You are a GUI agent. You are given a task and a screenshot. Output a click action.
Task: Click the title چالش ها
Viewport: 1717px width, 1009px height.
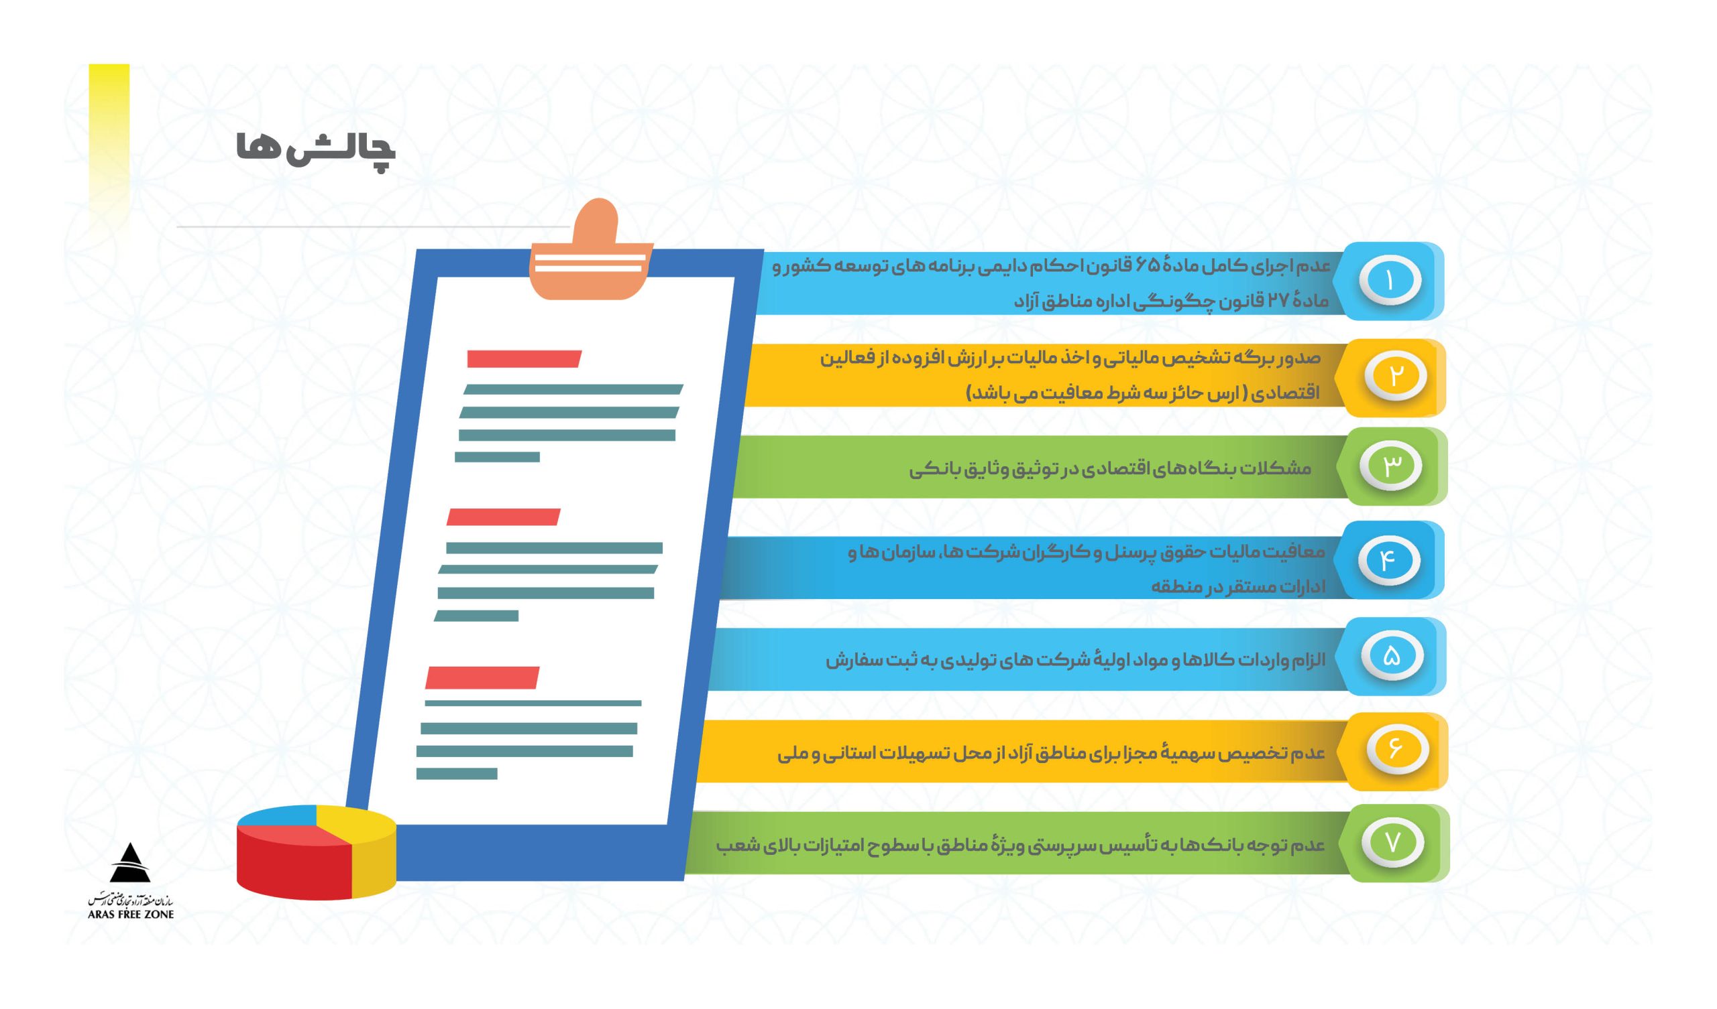315,149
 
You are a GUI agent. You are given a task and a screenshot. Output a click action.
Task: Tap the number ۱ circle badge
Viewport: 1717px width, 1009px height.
1389,281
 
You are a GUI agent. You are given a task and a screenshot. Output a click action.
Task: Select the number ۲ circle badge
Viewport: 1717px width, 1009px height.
1394,376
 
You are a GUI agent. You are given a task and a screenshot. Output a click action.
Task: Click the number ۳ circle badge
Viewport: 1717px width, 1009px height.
1390,466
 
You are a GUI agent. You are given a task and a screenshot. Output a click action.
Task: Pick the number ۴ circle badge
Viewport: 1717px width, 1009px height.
1388,560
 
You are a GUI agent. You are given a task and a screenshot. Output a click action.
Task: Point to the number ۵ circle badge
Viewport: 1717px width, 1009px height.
1392,656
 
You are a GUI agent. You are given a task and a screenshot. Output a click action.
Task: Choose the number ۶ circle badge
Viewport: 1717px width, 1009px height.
1396,750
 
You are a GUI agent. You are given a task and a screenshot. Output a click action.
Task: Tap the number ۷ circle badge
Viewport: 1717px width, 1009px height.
1392,842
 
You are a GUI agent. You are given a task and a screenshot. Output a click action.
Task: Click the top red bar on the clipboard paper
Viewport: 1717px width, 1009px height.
523,359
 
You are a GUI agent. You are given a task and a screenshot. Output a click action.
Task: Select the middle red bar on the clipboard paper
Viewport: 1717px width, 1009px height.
503,517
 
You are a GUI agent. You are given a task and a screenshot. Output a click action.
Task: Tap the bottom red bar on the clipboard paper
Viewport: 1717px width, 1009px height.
482,678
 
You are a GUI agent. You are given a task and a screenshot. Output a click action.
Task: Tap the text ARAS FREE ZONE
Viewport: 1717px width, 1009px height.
131,915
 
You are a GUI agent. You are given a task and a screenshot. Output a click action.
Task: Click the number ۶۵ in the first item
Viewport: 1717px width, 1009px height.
1147,265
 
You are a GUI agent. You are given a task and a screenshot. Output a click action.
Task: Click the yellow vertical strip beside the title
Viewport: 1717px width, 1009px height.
109,136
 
